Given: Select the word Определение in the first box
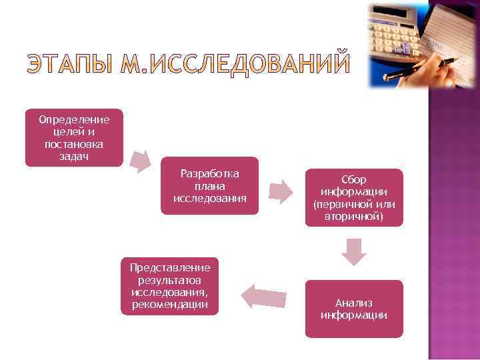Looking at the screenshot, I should tap(74, 120).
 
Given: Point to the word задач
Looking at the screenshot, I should tap(74, 156).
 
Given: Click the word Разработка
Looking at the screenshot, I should tap(210, 173).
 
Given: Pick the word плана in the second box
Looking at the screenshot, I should tap(209, 186).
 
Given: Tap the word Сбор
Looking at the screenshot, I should tap(354, 180).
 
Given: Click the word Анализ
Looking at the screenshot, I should tap(354, 303).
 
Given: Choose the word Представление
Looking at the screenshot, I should tap(169, 267).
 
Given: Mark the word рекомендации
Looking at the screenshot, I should tap(169, 305).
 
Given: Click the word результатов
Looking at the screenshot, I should tap(169, 280).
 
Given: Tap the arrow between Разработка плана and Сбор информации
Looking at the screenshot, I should tap(281, 192).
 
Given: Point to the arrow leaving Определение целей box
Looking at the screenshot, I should tap(141, 160).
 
